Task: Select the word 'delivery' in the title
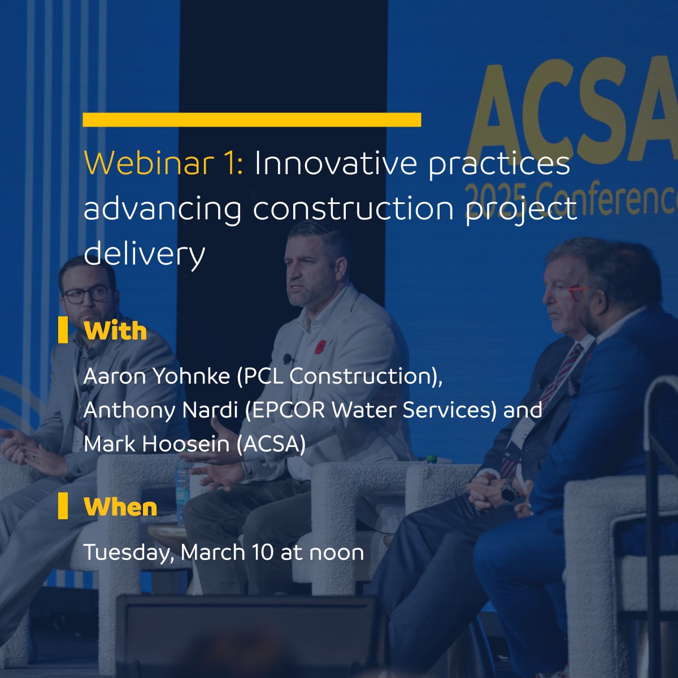point(144,254)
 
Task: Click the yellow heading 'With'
point(115,331)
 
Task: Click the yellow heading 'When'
point(120,507)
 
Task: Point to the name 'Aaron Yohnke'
point(156,376)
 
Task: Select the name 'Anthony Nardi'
point(160,410)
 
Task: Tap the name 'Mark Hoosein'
point(156,444)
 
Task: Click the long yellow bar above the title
point(251,120)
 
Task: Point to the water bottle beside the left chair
point(182,486)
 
